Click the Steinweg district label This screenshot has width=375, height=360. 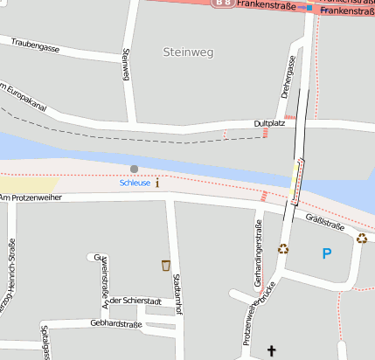(187, 52)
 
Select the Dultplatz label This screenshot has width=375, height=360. (269, 124)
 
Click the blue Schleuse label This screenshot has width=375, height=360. (135, 183)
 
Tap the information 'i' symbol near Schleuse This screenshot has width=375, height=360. (157, 183)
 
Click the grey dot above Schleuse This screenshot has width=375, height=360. (134, 169)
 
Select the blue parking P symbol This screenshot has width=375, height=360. (327, 254)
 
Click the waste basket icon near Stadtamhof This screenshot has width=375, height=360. (165, 264)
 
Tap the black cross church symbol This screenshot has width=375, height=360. (271, 351)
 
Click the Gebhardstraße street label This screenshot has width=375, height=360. (115, 324)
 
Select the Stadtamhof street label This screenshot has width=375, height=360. (177, 293)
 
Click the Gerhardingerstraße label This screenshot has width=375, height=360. (258, 254)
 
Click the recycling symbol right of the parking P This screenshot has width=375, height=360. (362, 238)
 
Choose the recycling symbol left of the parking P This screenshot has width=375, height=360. (283, 248)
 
